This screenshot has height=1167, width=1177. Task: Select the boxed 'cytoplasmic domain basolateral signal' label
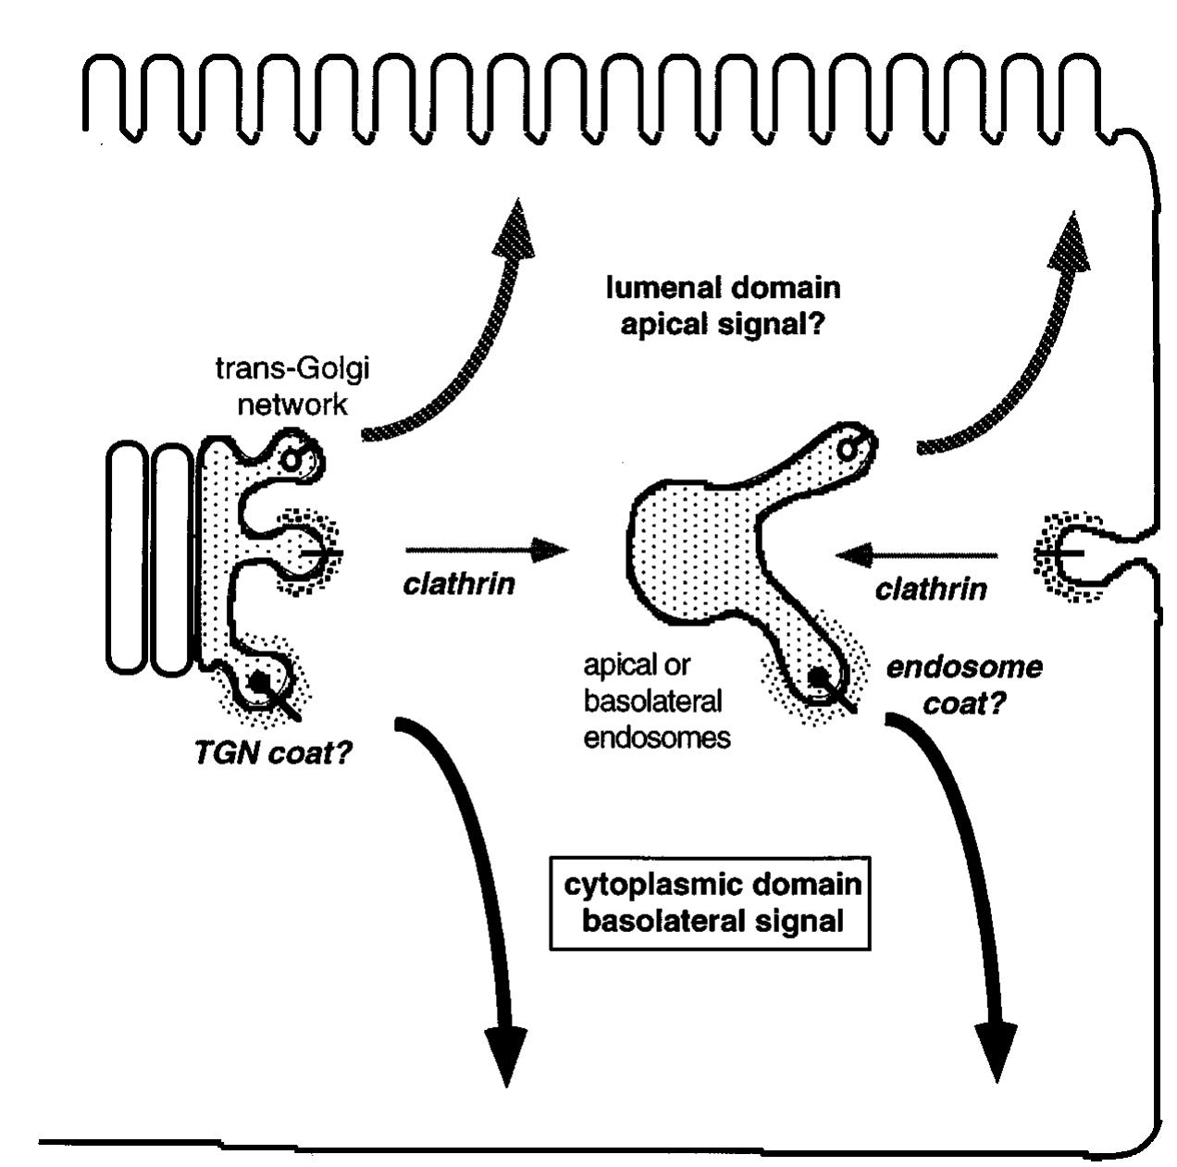point(712,902)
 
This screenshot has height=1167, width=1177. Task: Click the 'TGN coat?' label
point(272,754)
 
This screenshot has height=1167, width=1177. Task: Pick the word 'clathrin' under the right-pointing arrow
point(459,584)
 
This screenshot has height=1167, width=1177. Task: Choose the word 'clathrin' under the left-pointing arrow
point(930,589)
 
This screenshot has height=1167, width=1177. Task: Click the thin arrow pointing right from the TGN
point(486,552)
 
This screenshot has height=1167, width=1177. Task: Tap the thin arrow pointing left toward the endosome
point(916,555)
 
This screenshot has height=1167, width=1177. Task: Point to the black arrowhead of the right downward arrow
point(996,1049)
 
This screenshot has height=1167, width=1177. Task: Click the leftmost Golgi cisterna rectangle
point(127,557)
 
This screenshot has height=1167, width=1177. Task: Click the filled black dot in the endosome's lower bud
point(818,677)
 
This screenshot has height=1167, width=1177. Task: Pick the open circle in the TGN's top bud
point(292,458)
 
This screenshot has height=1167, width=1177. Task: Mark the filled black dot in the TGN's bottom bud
point(261,682)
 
